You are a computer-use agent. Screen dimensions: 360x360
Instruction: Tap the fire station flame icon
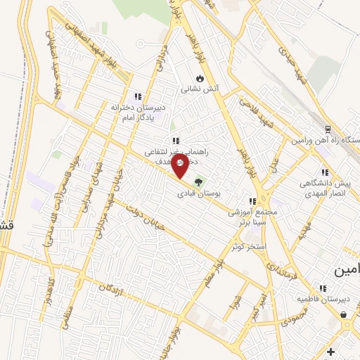pos(200,78)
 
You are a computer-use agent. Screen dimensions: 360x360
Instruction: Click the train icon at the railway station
pos(328,129)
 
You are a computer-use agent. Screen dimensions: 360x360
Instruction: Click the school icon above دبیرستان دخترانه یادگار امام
pos(138,96)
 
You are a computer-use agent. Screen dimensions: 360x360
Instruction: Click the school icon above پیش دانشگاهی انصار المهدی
pos(324,172)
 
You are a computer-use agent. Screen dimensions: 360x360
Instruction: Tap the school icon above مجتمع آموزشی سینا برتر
pos(252,200)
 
